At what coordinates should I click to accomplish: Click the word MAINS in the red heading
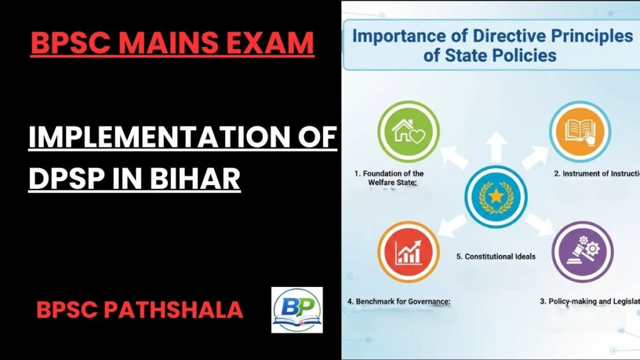(176, 43)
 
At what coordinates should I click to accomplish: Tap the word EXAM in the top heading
(273, 43)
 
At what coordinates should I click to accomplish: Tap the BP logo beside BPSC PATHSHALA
(297, 310)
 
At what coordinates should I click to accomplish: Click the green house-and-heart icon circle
(409, 131)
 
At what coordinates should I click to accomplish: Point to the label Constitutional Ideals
(496, 256)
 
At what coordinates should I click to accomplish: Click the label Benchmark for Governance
(399, 301)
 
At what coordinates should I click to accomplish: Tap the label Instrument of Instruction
(596, 174)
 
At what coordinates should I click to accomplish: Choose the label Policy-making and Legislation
(589, 301)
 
